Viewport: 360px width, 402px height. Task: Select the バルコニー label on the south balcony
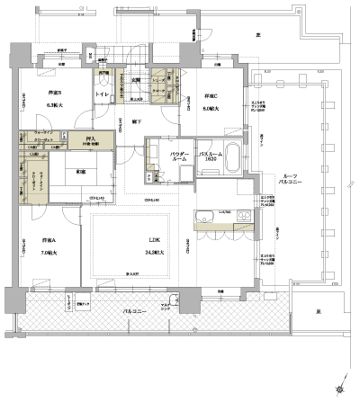point(137,312)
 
